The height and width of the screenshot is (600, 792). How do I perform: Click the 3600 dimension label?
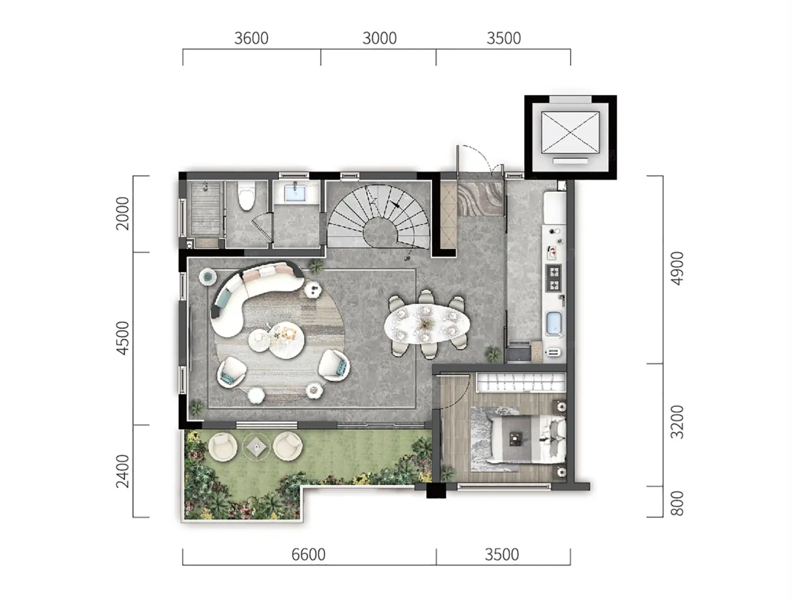251,38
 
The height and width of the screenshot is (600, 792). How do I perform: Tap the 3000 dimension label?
379,38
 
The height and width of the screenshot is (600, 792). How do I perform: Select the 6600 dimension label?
308,555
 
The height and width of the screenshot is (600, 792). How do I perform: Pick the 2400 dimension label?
123,471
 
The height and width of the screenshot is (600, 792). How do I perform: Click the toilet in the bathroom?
247,195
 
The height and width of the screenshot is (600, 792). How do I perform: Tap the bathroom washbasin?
295,193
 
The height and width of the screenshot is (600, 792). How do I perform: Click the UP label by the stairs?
407,259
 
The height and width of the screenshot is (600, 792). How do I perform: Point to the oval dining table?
427,325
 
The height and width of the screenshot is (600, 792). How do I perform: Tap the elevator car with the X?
570,132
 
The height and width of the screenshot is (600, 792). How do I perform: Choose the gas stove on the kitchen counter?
554,278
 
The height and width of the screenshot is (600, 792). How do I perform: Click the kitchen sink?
554,323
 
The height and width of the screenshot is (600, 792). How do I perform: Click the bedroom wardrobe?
520,381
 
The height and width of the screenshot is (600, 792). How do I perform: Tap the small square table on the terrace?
256,447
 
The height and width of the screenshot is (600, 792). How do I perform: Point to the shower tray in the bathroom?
206,208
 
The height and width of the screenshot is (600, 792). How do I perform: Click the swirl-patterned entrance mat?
480,198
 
